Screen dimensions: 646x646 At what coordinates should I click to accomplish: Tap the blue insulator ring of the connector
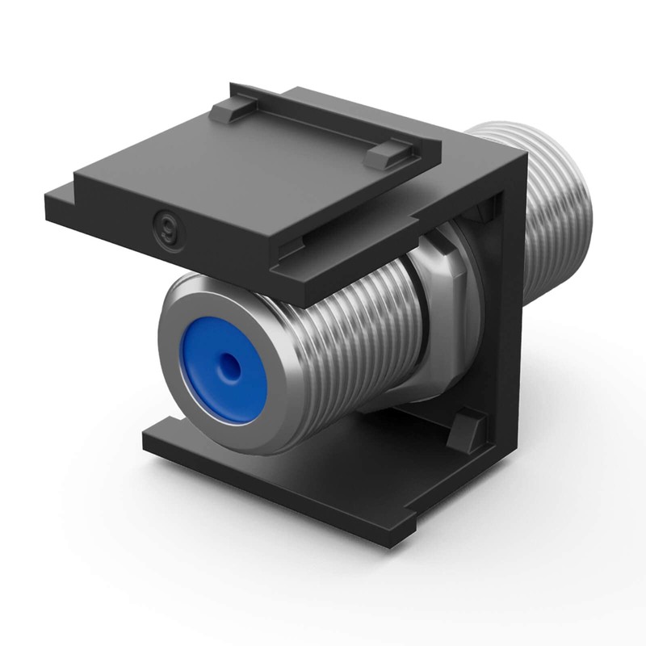point(202,380)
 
